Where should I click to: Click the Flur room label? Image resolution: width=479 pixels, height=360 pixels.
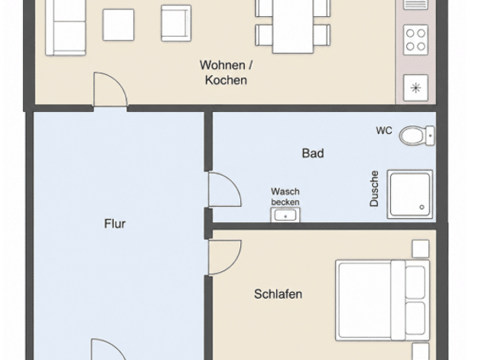click(x=115, y=224)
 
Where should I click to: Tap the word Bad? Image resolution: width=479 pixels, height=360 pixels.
click(x=313, y=153)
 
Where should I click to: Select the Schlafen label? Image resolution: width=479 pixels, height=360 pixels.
click(x=279, y=294)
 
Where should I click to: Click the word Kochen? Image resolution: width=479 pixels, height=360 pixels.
click(x=226, y=80)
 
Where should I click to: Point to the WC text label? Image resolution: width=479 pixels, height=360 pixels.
click(x=384, y=131)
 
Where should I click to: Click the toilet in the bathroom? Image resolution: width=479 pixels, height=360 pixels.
click(x=417, y=136)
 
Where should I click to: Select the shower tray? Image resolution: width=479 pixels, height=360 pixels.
click(x=410, y=195)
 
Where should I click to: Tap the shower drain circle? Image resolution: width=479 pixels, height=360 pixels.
click(x=422, y=207)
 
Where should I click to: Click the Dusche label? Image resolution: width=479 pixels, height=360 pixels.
click(x=374, y=188)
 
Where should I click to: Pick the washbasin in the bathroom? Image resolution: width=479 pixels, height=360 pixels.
click(x=285, y=214)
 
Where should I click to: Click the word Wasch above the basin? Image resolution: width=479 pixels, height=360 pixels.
click(x=285, y=191)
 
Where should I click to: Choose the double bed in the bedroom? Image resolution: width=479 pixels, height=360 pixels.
click(x=383, y=300)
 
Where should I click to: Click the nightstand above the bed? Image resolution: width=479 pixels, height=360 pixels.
click(x=420, y=249)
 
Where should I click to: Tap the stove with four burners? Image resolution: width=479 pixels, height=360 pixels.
click(x=415, y=40)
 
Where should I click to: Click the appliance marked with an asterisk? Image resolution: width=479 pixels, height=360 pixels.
click(x=415, y=88)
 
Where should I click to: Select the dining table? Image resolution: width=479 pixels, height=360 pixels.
click(x=293, y=26)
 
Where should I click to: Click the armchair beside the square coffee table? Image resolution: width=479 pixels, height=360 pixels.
click(x=176, y=23)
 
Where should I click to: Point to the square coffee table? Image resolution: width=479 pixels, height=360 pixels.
click(x=119, y=25)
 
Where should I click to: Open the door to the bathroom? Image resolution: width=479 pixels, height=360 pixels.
click(x=225, y=189)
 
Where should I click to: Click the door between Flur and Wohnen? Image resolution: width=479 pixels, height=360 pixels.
click(x=110, y=89)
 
